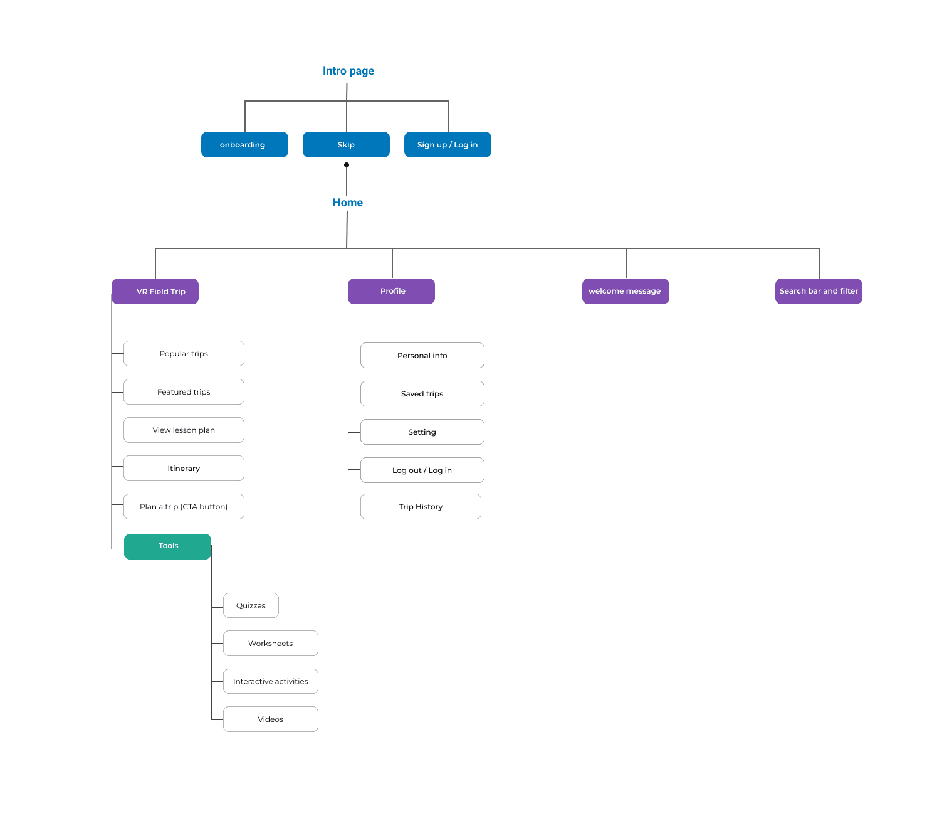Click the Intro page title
tap(348, 71)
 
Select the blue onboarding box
tap(244, 144)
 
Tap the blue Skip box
tap(346, 144)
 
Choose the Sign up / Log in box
tap(448, 144)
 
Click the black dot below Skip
tap(347, 165)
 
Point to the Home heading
tap(347, 203)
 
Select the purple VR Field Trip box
tap(155, 291)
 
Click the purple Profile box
tap(391, 291)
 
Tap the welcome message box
tap(625, 291)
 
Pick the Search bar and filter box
tap(818, 291)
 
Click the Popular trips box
tap(184, 353)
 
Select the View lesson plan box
tap(184, 430)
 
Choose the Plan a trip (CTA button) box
tap(184, 506)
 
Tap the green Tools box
tap(167, 546)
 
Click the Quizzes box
tap(251, 605)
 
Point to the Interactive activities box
tap(270, 681)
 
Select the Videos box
tap(270, 719)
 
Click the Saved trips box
tap(422, 393)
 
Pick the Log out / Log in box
tap(422, 470)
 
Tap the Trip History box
tap(421, 506)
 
